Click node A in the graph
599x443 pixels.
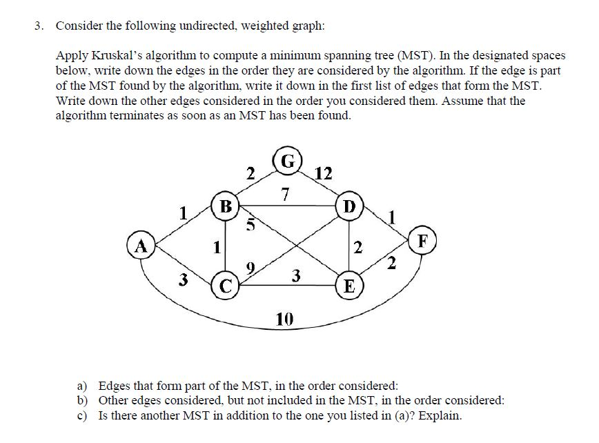[x=142, y=245]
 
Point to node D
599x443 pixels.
[x=350, y=206]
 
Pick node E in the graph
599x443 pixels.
[x=349, y=286]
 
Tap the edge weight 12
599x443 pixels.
[x=323, y=173]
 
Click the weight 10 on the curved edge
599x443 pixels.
[x=284, y=319]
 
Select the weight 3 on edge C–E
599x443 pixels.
[x=295, y=277]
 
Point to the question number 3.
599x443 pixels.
[x=39, y=26]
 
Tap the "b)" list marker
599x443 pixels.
[x=82, y=400]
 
